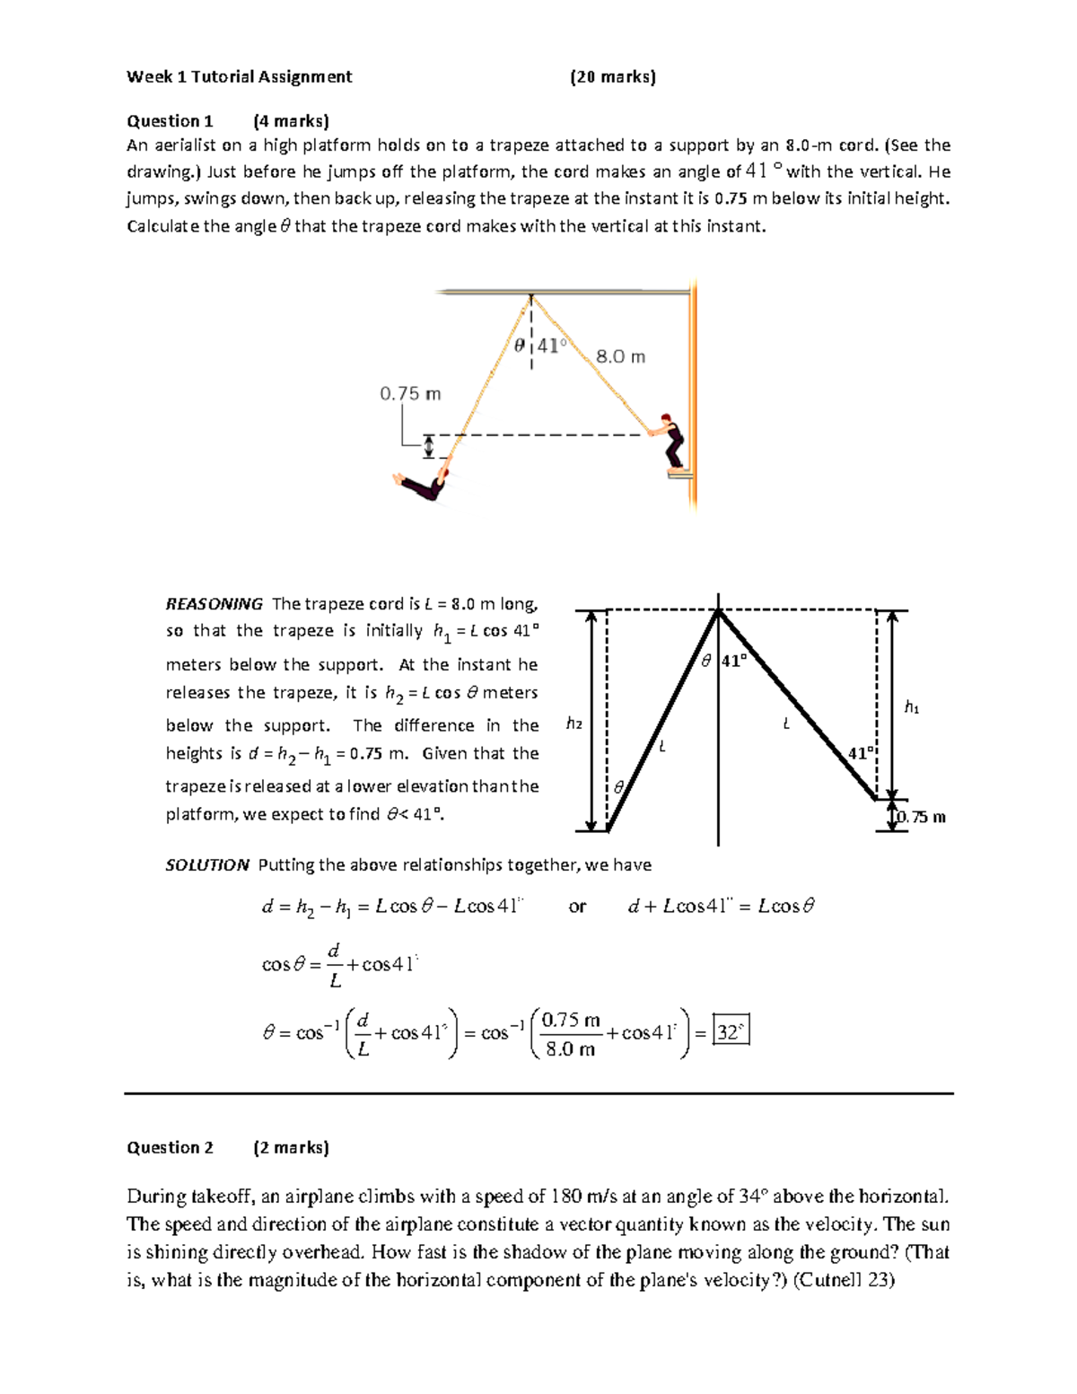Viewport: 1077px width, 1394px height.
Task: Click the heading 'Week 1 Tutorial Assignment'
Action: tap(239, 77)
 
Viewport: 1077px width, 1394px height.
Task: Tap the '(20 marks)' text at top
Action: tap(613, 77)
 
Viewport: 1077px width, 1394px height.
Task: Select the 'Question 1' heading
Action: tap(170, 121)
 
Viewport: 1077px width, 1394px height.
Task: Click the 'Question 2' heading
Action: tap(170, 1147)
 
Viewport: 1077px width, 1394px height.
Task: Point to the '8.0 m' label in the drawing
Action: tap(620, 357)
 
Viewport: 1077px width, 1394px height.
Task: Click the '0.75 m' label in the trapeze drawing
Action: tap(410, 394)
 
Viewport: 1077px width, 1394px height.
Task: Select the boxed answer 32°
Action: tap(730, 1031)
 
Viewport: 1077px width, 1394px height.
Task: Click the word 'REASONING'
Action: tap(214, 604)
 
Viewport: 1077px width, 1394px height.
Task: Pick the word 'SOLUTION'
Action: tap(207, 865)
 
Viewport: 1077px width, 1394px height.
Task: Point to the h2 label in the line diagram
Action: tap(574, 723)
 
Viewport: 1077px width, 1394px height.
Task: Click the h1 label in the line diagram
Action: tap(912, 708)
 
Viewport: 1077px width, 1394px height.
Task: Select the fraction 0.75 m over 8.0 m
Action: tap(571, 1034)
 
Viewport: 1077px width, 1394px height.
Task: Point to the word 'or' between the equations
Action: tap(577, 907)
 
